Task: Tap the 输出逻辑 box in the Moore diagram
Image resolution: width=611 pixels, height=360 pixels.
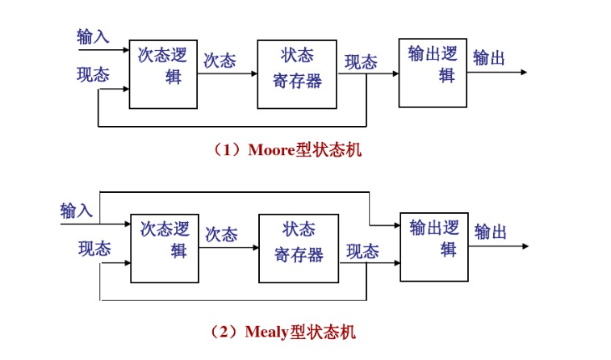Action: (433, 72)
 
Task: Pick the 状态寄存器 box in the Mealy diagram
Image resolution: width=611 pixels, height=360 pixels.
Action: (298, 241)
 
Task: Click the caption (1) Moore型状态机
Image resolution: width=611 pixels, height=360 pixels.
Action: (287, 150)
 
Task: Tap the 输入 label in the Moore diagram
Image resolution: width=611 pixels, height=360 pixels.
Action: (93, 36)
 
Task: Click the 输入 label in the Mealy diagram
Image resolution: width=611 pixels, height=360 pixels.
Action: (77, 211)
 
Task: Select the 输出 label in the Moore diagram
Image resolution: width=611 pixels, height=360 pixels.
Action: (489, 58)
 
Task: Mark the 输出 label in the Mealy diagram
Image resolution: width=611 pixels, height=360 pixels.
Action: (491, 232)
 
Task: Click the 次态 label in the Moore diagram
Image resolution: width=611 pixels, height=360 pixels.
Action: (220, 61)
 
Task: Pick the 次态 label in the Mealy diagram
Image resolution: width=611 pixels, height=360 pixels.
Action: (221, 235)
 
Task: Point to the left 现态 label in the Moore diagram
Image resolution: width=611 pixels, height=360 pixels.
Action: (93, 75)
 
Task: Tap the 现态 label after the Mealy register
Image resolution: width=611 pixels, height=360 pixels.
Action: (362, 252)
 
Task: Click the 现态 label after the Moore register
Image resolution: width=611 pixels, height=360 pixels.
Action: (361, 62)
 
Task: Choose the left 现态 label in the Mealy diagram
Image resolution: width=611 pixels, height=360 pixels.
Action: (94, 249)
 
